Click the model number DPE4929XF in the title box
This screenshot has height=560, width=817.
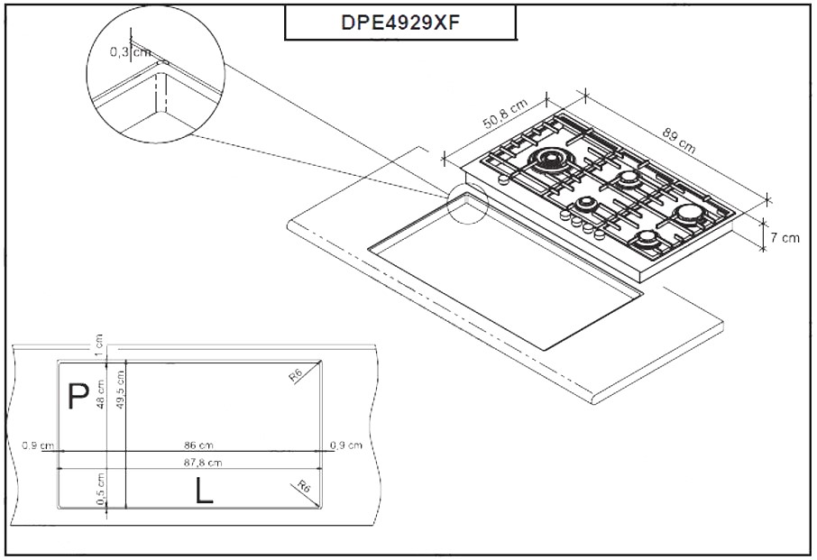tap(400, 23)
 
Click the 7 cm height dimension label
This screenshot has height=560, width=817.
tap(784, 238)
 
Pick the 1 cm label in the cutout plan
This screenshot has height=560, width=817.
tap(98, 344)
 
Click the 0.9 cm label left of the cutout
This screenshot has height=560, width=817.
tap(38, 445)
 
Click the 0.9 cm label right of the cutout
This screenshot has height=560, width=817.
tap(345, 445)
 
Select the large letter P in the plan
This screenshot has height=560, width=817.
tap(79, 398)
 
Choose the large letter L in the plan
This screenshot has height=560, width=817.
tap(205, 491)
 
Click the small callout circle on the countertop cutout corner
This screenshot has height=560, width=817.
tap(468, 203)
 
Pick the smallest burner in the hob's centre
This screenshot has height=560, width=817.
tap(587, 202)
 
